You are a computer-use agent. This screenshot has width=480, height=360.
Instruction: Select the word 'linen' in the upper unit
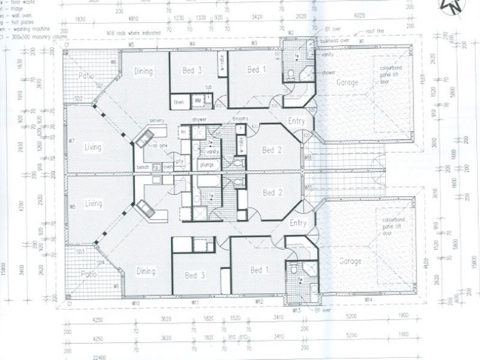pyautogui.click(x=178, y=103)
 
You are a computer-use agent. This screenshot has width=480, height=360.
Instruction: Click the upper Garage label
pyautogui.click(x=347, y=82)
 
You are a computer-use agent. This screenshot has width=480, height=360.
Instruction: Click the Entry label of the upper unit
pyautogui.click(x=296, y=121)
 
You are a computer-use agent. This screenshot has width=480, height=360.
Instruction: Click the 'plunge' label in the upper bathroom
pyautogui.click(x=206, y=164)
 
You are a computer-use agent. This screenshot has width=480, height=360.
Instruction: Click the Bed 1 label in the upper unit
pyautogui.click(x=257, y=70)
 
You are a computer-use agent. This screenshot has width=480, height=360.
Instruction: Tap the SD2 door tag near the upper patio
pyautogui.click(x=79, y=99)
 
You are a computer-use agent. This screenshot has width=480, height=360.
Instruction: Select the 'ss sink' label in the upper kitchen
pyautogui.click(x=159, y=146)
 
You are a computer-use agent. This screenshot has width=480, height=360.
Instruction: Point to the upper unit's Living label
pyautogui.click(x=93, y=147)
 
